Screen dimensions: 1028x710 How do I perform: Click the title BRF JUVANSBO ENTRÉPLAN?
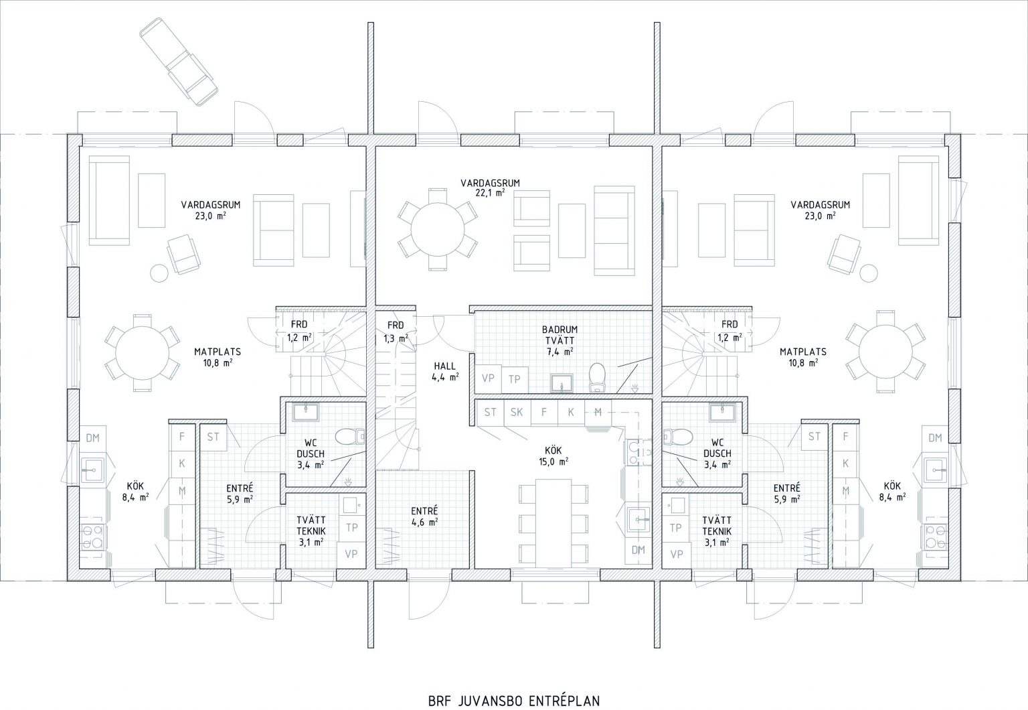(514, 689)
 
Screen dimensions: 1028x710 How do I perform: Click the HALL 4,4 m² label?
(445, 372)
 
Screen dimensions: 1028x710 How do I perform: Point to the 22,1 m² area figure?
(490, 193)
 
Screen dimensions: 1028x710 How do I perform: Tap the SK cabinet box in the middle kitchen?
(517, 413)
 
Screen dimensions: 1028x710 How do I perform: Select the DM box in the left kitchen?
(93, 439)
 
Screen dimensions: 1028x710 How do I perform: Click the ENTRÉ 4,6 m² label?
(424, 516)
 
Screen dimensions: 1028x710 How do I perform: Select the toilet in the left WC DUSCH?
(350, 437)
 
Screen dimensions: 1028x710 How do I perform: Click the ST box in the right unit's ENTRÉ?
(814, 437)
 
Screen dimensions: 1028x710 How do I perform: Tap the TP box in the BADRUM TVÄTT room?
(515, 379)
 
